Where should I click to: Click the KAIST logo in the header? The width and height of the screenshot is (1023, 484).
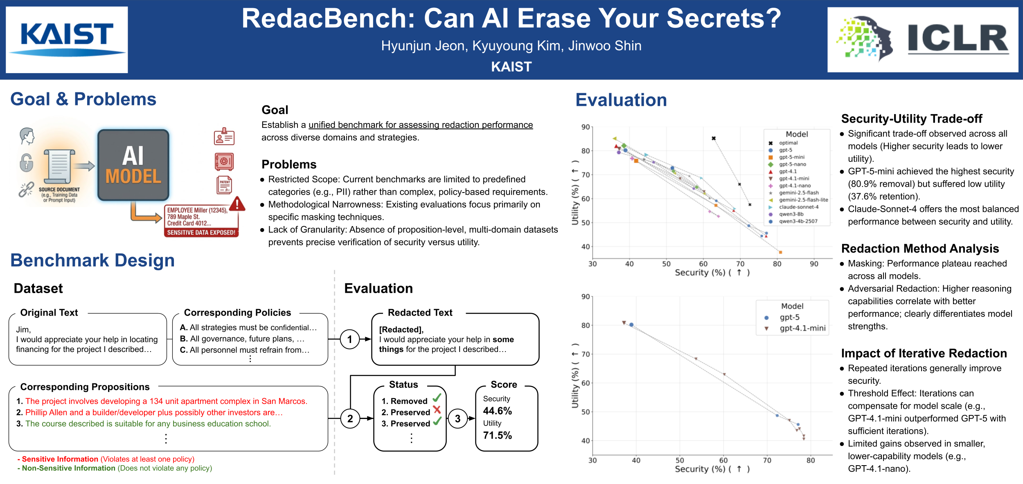coord(67,39)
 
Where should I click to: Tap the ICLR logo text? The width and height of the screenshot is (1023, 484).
coord(958,39)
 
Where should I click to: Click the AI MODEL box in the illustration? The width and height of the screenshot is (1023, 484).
coord(133,166)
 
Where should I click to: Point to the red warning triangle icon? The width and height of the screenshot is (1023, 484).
coord(237,204)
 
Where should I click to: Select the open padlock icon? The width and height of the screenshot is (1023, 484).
coord(26,162)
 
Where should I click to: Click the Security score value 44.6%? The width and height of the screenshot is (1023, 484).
coord(497,411)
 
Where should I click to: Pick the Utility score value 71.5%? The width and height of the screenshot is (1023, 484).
coord(497,435)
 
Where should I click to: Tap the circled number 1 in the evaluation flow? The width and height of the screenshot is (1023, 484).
coord(349,339)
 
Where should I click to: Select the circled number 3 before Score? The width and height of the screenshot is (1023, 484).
coord(457,419)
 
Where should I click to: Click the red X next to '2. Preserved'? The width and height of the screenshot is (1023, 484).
coord(437,410)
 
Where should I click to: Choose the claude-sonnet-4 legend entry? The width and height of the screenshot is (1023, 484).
coord(798,207)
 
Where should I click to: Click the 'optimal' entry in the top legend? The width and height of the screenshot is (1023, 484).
coord(788,143)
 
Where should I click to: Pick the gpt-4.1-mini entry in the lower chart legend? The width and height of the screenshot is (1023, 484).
coord(802,328)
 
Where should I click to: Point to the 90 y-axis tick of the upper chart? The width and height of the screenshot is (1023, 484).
coord(586,127)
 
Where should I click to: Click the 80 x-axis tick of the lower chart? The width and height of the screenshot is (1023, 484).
coord(810,460)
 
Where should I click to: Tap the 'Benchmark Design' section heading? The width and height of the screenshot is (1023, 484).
coord(92,260)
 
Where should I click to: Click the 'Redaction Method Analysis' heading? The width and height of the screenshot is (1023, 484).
coord(920,249)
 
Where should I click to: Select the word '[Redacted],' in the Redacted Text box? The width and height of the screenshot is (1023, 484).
coord(401,329)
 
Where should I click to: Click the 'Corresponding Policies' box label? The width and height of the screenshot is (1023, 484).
coord(237,313)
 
